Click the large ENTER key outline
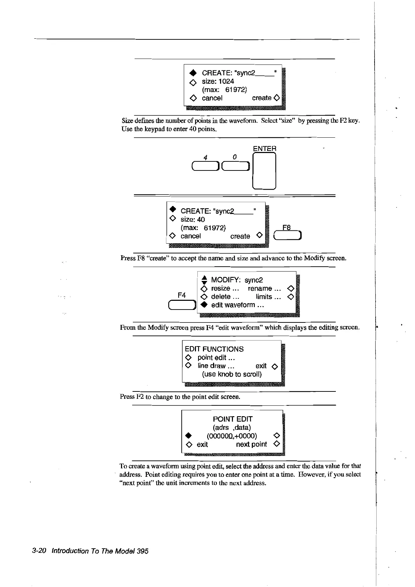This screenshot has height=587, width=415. (x=264, y=171)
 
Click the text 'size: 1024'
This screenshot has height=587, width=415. (x=218, y=81)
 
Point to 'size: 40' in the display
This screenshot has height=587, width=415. (x=193, y=220)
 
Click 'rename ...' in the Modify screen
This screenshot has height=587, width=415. (x=264, y=288)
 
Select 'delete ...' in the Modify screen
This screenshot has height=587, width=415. (x=225, y=297)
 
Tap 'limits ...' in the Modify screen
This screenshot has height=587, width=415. (x=268, y=297)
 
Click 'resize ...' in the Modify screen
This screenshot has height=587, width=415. (x=225, y=288)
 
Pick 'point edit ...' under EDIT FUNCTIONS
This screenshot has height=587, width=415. (x=216, y=358)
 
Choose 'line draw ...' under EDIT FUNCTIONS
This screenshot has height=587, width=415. (x=216, y=366)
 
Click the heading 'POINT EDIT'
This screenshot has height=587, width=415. (x=233, y=419)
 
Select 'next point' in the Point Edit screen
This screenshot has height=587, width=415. (x=251, y=444)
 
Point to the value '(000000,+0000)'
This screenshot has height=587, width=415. (x=232, y=436)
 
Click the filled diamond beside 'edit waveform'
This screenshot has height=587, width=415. (x=204, y=305)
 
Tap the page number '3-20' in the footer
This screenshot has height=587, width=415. (x=39, y=551)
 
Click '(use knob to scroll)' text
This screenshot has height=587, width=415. (x=232, y=374)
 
